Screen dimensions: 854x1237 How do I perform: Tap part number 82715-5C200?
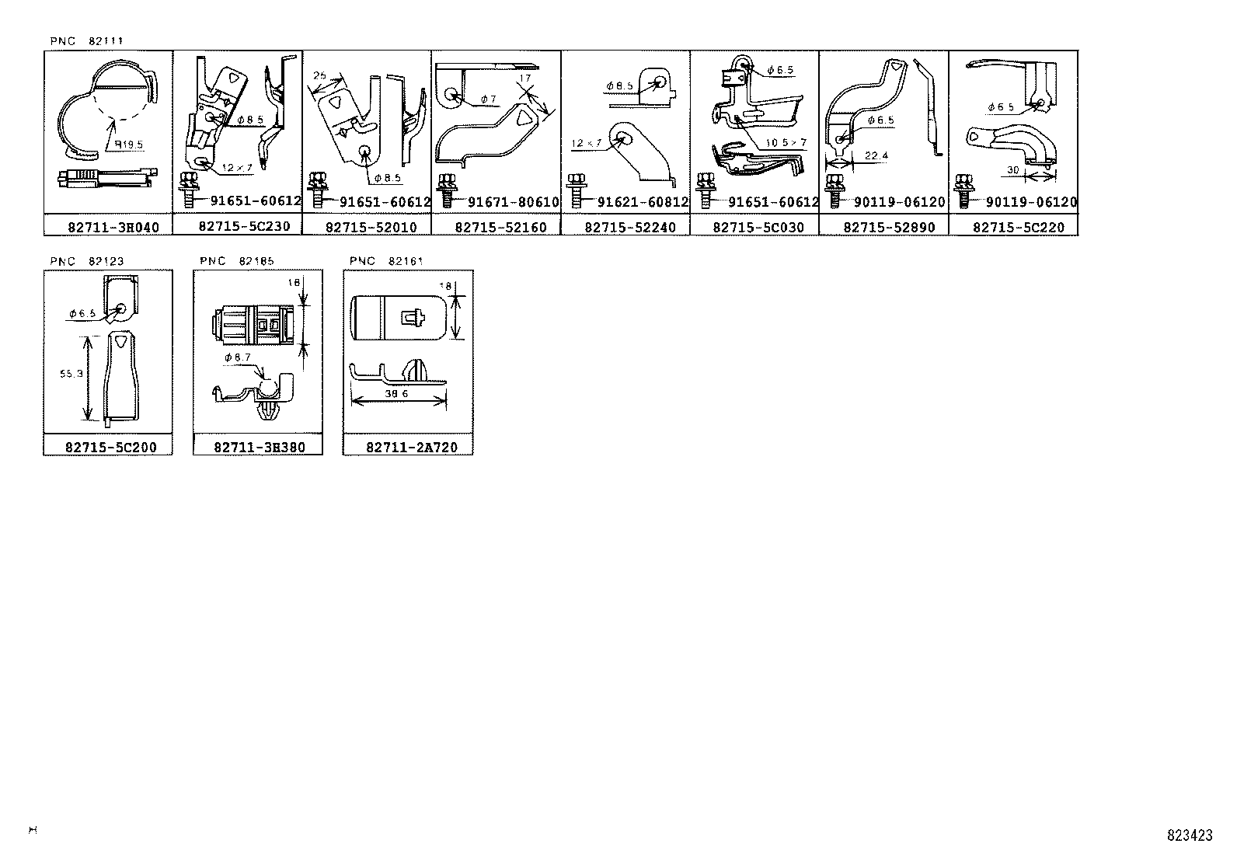click(x=108, y=447)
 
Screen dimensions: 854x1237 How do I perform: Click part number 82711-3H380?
click(x=258, y=447)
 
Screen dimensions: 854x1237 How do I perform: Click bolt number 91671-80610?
click(x=513, y=202)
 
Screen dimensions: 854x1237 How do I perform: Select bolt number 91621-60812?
click(x=643, y=202)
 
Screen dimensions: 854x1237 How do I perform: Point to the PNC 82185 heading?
click(x=236, y=261)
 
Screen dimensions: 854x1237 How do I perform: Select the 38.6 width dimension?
click(x=397, y=394)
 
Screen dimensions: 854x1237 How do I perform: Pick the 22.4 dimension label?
click(x=876, y=156)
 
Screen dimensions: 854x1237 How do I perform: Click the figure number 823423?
click(x=1189, y=835)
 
